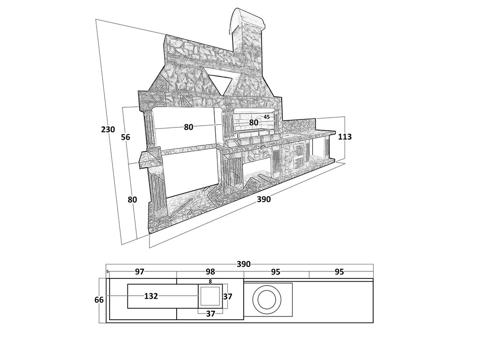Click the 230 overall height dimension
click(108, 129)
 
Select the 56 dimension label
click(126, 137)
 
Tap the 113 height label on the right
click(345, 137)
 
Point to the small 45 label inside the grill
click(267, 117)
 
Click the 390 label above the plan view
click(244, 264)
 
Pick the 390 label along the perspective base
click(263, 199)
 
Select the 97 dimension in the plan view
click(140, 272)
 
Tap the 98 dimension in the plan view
click(210, 272)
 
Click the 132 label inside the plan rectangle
click(151, 296)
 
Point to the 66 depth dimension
click(99, 300)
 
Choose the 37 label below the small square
click(210, 314)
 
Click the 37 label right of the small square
click(228, 296)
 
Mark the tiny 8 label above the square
click(210, 281)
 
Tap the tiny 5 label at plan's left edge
click(108, 271)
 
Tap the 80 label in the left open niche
click(188, 127)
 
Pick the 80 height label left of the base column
click(132, 200)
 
